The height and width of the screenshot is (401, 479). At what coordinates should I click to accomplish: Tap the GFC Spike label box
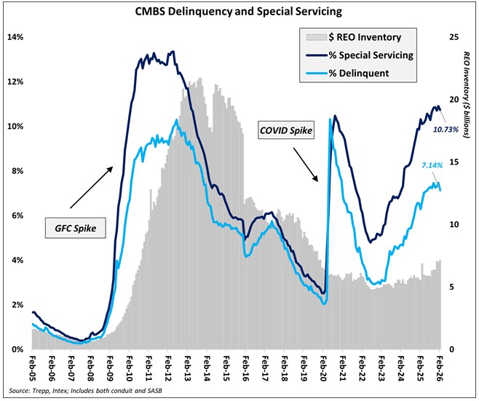74,228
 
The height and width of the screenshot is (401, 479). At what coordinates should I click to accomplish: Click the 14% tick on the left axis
16,37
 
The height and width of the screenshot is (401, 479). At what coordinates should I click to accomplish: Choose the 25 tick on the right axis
454,37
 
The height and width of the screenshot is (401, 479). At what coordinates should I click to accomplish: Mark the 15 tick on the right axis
454,162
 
